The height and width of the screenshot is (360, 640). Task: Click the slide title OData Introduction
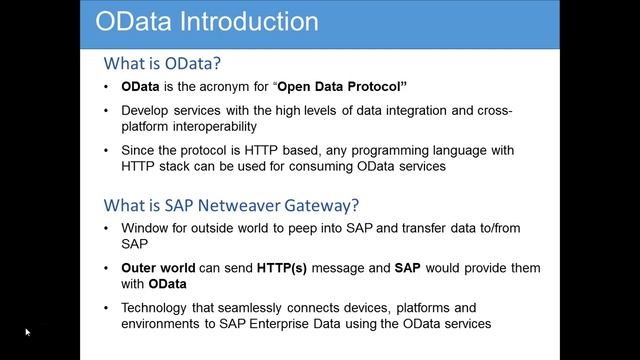pos(206,21)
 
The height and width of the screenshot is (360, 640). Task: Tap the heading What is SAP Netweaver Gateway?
pos(232,206)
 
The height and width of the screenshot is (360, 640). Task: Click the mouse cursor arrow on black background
pos(28,332)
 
